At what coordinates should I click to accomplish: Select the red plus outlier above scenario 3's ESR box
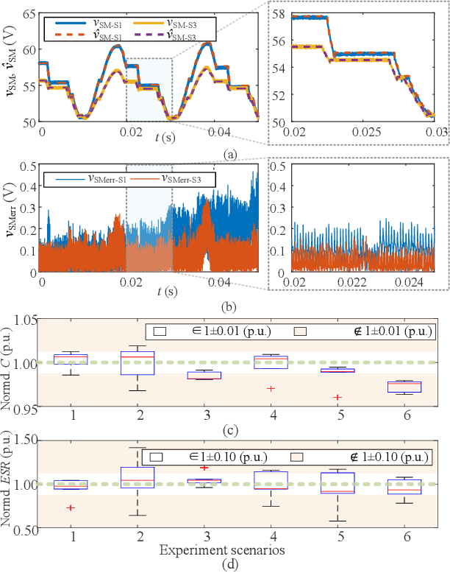click(204, 468)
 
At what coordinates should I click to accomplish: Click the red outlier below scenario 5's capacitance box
click(337, 398)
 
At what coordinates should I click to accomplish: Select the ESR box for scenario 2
click(137, 477)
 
